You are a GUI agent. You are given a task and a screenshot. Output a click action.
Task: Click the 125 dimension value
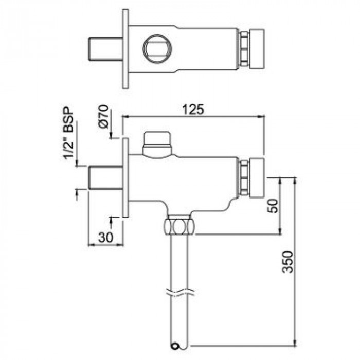193,109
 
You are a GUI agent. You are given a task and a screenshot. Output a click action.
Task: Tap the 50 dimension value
274,206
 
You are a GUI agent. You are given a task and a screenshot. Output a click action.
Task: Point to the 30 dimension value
105,237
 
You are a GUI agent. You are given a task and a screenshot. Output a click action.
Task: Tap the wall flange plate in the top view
125,49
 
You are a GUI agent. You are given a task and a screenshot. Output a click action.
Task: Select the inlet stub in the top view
105,49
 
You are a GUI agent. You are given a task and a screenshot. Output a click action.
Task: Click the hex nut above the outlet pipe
178,226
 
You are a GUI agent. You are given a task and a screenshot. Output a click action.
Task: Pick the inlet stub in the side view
105,178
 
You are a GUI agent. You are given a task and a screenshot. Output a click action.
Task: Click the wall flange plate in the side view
125,178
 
